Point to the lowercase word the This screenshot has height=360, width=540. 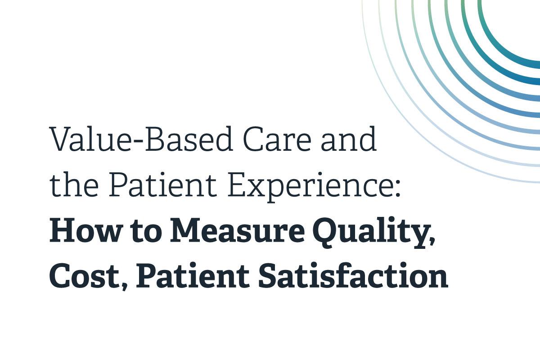tap(72, 185)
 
